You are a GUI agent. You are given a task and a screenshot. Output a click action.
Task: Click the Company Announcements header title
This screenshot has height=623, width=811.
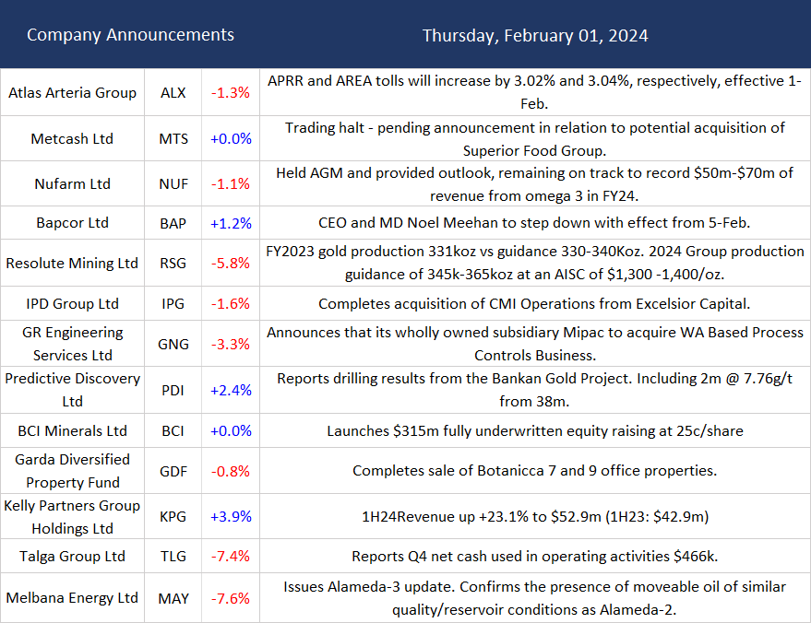(x=130, y=35)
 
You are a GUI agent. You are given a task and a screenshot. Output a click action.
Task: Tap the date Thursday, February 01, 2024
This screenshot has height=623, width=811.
(x=535, y=36)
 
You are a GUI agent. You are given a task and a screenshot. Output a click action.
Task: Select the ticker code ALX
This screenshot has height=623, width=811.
(x=173, y=92)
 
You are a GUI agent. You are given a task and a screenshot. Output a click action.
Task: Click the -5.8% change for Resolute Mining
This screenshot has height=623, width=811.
(x=230, y=263)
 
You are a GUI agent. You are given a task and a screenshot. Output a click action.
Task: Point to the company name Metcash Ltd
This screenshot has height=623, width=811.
(x=72, y=138)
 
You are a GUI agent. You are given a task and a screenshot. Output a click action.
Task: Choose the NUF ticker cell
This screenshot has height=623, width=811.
(x=173, y=183)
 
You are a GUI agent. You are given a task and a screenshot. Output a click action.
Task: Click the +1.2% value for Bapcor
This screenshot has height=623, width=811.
(x=230, y=223)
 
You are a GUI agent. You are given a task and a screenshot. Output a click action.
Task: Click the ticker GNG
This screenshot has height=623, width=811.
(x=173, y=344)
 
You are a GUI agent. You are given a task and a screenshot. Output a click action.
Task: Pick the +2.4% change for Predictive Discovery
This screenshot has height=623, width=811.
(x=230, y=390)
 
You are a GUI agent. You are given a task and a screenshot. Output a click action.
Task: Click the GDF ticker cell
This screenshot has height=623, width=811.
(x=173, y=471)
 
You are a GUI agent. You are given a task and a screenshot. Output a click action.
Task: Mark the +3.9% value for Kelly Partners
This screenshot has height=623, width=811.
(x=230, y=516)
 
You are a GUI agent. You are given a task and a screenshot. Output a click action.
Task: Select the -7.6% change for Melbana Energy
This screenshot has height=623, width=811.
(x=230, y=598)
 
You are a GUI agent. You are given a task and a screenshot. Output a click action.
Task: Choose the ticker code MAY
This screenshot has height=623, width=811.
(x=173, y=598)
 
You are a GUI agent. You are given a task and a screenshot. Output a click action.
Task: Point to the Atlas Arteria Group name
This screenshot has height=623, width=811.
(x=72, y=92)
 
